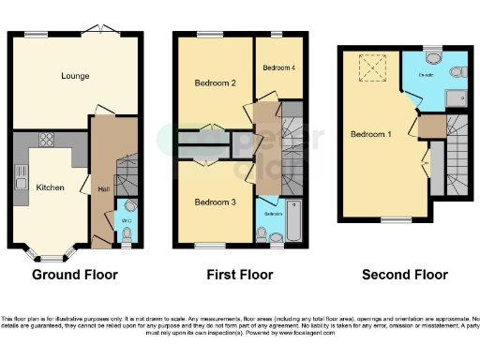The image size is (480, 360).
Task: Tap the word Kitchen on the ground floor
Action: click(50, 187)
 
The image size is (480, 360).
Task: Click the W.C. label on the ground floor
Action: click(127, 222)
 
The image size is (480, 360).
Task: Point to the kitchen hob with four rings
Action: click(46, 140)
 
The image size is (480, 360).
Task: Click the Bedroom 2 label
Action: click(214, 82)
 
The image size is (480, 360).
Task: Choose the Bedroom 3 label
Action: click(214, 202)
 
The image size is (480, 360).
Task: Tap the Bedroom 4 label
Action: click(278, 67)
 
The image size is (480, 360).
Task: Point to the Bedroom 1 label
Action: click(370, 134)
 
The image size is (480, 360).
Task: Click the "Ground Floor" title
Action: click(75, 275)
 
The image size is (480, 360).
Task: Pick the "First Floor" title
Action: click(239, 275)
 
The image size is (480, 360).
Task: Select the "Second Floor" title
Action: click(405, 275)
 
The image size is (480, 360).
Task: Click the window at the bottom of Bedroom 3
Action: click(204, 246)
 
